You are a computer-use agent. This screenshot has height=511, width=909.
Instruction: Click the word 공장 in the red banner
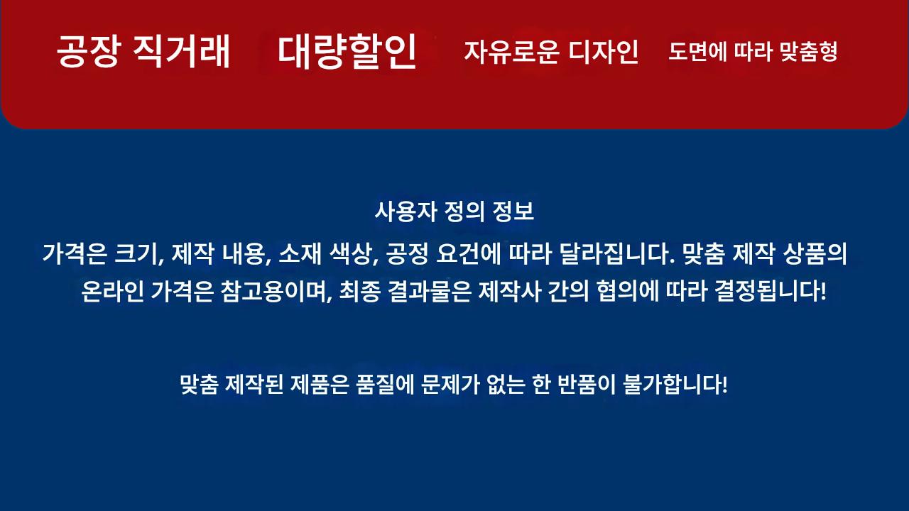coord(89,51)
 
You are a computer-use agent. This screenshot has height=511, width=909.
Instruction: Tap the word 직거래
coord(182,51)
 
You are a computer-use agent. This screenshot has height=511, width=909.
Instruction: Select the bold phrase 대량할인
coord(347,51)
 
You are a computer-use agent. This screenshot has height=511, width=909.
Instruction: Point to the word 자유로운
coord(512,52)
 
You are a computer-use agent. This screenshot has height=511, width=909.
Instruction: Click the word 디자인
coord(603,52)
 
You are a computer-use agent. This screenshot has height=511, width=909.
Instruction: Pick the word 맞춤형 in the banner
coord(808,52)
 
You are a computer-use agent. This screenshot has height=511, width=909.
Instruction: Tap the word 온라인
coord(112,291)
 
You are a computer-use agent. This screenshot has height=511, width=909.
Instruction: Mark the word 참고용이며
coord(274,291)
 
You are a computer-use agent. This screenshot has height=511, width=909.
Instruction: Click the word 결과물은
coord(430,291)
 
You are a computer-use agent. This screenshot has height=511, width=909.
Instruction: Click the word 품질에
coord(385,384)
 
